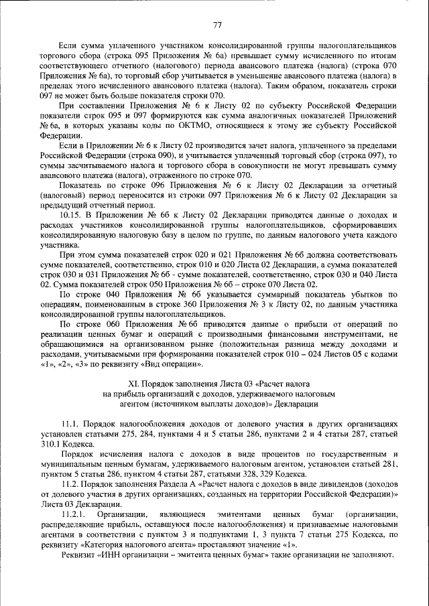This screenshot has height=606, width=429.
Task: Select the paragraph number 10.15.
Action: click(72, 214)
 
